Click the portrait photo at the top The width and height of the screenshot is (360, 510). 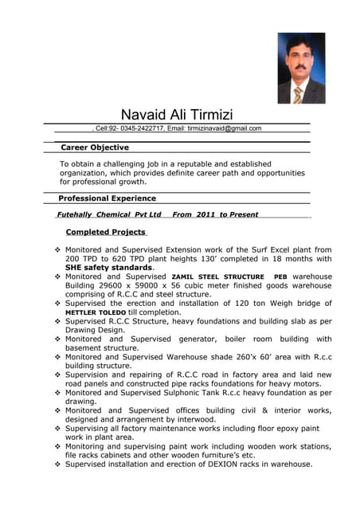pyautogui.click(x=301, y=68)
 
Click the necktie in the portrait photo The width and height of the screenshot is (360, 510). pyautogui.click(x=298, y=95)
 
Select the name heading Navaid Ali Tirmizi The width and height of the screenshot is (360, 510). pyautogui.click(x=177, y=115)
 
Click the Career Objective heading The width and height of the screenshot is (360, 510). pyautogui.click(x=95, y=147)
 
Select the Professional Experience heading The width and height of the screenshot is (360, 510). pyautogui.click(x=108, y=198)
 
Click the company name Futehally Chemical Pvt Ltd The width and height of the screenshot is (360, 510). pyautogui.click(x=109, y=214)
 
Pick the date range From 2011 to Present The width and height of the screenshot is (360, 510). pyautogui.click(x=215, y=214)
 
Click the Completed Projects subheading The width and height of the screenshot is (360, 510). pyautogui.click(x=105, y=232)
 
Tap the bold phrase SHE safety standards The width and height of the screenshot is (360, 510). pyautogui.click(x=108, y=268)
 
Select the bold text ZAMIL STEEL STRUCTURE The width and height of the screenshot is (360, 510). pyautogui.click(x=217, y=277)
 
